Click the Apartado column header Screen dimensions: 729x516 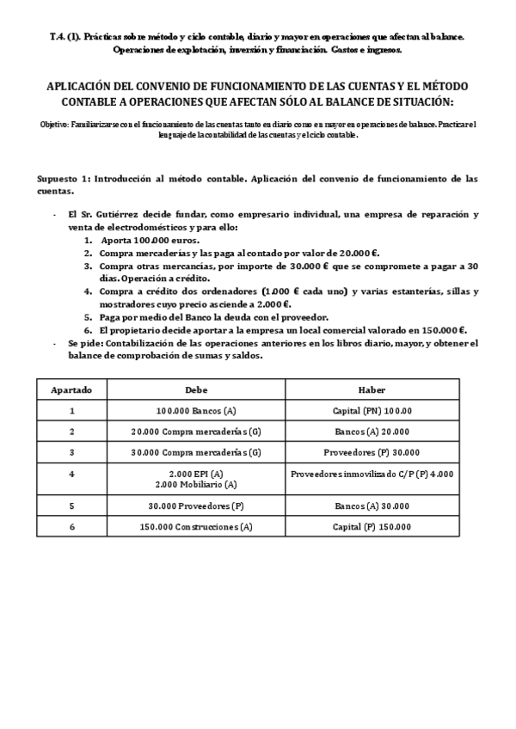tap(71, 389)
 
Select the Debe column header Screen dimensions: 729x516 tap(196, 389)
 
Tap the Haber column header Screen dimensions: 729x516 tap(372, 389)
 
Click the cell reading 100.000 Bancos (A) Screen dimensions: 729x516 tap(196, 410)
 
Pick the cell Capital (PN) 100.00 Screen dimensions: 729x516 tap(372, 410)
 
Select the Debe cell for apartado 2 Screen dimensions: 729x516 tap(196, 432)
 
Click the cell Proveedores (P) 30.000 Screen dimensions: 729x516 tap(372, 452)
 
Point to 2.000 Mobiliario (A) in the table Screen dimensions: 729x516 tap(196, 485)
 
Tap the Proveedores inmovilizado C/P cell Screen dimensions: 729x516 tap(372, 474)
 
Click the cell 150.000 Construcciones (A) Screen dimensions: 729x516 tap(196, 526)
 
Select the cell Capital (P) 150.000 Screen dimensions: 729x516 tap(372, 526)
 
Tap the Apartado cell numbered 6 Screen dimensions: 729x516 tap(71, 526)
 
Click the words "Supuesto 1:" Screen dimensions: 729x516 tap(64, 179)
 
